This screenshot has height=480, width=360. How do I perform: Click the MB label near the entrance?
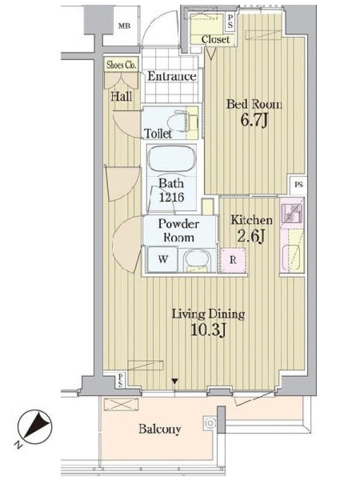coord(124,26)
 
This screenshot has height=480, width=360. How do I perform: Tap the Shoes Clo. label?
coord(121,65)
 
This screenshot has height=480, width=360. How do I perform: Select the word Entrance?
coord(172,76)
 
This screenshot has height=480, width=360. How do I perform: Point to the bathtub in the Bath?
coord(172,159)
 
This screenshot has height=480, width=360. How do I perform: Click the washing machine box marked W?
coord(163,259)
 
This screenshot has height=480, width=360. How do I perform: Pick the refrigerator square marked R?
coord(233,260)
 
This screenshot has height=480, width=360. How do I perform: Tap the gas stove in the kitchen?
coord(292,212)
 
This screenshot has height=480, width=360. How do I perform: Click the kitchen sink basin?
coord(292,257)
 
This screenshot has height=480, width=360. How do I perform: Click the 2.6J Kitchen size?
coord(251,236)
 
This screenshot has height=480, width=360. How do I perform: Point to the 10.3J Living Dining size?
coord(208,329)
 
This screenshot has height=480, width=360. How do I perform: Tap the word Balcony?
coord(160,429)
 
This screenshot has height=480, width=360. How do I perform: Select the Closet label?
coord(215,40)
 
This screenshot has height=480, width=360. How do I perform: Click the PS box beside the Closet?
coord(230,22)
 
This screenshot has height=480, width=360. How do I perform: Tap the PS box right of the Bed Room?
coord(298,185)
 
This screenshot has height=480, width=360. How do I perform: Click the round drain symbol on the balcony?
coord(210,423)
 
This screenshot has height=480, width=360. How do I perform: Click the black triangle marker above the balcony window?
coord(175,382)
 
